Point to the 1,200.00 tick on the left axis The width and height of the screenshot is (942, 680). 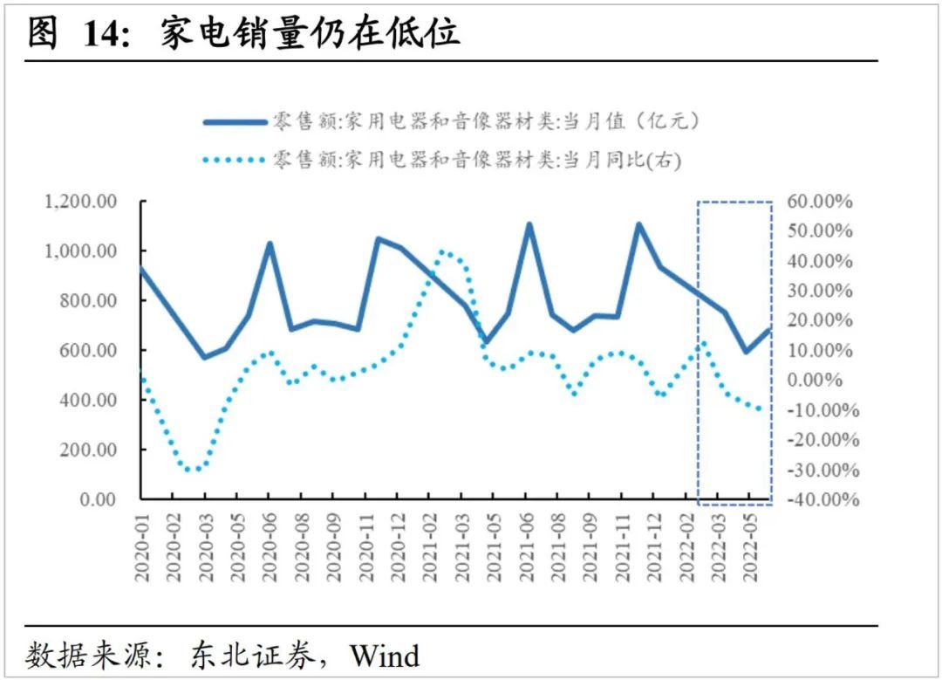click(80, 202)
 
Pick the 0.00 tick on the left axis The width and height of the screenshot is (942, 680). click(98, 499)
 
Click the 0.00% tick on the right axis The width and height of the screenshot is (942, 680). click(822, 380)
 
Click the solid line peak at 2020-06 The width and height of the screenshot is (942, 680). click(270, 244)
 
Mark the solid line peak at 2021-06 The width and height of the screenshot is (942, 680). click(529, 224)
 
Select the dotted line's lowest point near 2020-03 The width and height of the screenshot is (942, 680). click(195, 470)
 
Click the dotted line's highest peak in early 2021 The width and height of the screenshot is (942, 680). click(442, 251)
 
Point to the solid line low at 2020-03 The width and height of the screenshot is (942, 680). click(205, 357)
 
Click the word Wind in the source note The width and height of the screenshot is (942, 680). click(385, 655)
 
